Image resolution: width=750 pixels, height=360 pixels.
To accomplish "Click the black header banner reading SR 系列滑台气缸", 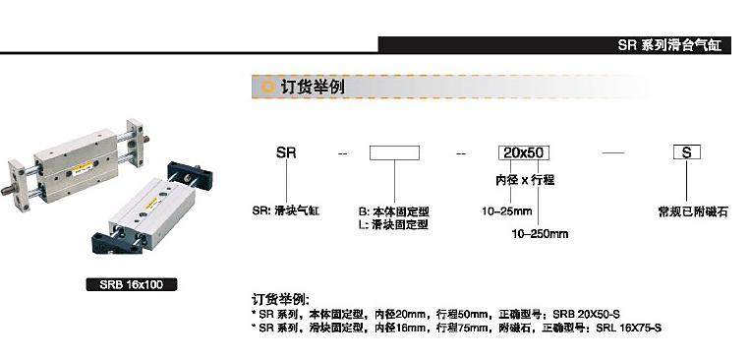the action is (x=554, y=45).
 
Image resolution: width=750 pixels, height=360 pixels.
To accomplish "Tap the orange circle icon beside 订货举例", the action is (x=268, y=87).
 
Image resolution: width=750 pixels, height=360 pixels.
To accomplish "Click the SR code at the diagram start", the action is (x=286, y=152).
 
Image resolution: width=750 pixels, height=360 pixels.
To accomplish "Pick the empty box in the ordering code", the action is (x=394, y=152).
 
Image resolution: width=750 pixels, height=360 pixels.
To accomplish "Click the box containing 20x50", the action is (x=524, y=152).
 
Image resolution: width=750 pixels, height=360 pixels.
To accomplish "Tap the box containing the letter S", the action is (x=687, y=152).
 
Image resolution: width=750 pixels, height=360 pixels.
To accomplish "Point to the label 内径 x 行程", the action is (x=525, y=180).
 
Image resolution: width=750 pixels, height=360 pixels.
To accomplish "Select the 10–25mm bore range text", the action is (x=507, y=210).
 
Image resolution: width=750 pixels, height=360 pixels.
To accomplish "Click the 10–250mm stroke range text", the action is (x=540, y=234).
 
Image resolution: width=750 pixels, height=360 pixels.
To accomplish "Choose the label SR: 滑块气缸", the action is (x=286, y=210).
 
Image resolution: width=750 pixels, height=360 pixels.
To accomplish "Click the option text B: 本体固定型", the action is (x=394, y=211).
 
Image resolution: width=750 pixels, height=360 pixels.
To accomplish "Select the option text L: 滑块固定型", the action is (x=393, y=224).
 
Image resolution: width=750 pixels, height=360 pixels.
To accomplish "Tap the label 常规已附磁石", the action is (x=693, y=211).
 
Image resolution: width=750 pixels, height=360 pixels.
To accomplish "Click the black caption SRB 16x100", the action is (x=132, y=285).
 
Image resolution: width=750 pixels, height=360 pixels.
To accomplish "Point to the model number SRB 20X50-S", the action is (x=586, y=315).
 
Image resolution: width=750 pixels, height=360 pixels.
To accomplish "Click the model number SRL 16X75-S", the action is (x=629, y=328).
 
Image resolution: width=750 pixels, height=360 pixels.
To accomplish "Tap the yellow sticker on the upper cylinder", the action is (x=82, y=167).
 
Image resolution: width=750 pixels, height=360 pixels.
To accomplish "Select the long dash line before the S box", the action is (x=612, y=152).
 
